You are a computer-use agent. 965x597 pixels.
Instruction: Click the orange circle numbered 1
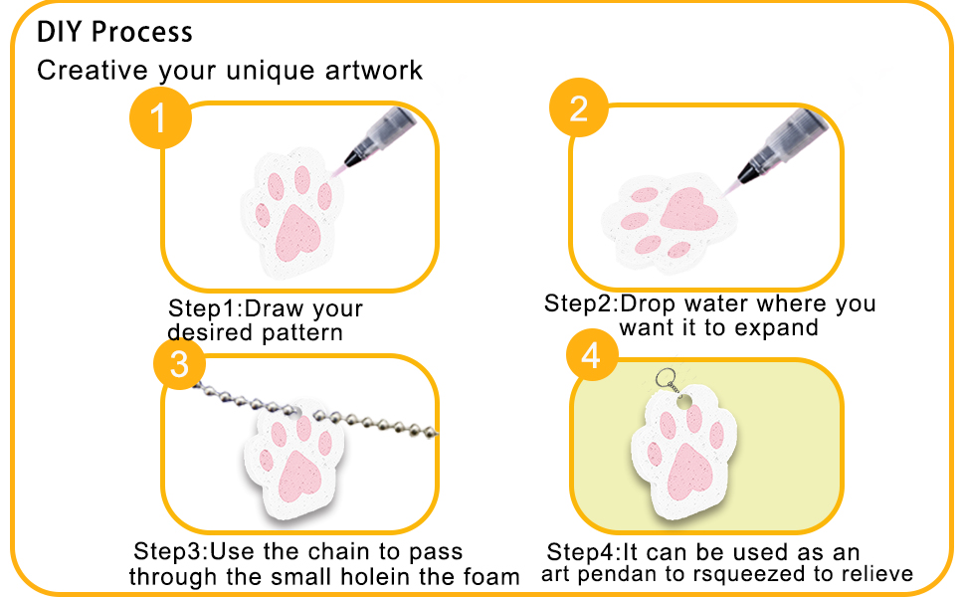pos(160,117)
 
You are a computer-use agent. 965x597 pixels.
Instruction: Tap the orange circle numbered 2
pos(579,107)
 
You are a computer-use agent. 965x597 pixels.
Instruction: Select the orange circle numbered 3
pos(180,364)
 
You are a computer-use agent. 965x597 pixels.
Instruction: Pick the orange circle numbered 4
pos(591,354)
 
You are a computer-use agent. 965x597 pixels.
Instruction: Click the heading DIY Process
pos(114,32)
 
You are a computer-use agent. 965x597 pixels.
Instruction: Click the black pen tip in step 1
pos(352,157)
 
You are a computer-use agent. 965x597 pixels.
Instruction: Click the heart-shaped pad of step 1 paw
pos(296,233)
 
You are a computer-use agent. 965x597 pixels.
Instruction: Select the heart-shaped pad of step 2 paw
pos(688,208)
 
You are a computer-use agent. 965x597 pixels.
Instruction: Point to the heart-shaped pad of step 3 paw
pos(300,475)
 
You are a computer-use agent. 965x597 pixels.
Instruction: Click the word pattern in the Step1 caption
pos(302,333)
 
